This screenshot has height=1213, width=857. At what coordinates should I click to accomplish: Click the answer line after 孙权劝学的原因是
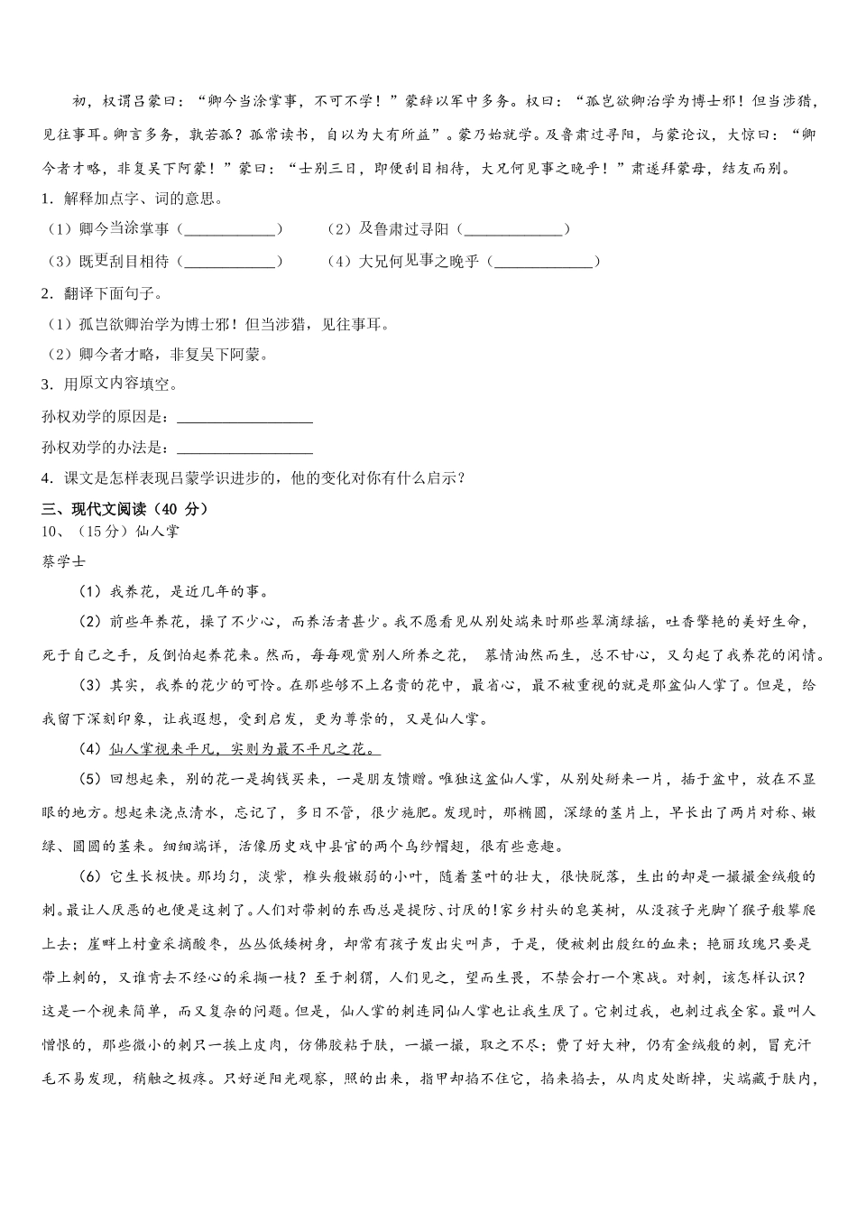[244, 419]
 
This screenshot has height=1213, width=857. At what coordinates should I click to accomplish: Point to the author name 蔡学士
[64, 561]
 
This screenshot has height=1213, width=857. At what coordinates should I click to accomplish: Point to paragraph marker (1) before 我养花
[92, 592]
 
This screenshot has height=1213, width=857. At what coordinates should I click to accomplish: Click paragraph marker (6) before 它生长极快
[92, 876]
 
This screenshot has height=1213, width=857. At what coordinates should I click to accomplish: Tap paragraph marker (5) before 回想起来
[92, 779]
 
